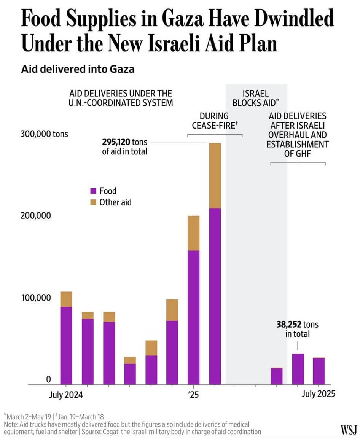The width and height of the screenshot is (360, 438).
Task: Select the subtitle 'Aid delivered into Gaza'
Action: pos(78,70)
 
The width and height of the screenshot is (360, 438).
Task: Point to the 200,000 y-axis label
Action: pos(36,216)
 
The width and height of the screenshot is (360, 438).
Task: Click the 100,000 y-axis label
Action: pos(36,298)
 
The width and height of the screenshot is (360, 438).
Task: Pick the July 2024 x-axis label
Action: pos(66,395)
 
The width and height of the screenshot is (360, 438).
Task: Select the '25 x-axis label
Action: pos(193,395)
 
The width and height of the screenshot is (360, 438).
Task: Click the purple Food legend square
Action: pos(93,191)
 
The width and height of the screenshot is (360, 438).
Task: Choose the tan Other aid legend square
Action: pos(93,202)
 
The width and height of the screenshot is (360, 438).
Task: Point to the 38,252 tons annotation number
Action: pos(289,325)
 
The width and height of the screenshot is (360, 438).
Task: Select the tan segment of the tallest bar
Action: pos(215,175)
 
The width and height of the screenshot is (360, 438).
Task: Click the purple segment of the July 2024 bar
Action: pos(66,345)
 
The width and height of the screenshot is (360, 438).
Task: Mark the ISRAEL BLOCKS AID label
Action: pos(256,98)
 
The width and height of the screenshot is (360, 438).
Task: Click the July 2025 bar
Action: pos(319,371)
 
